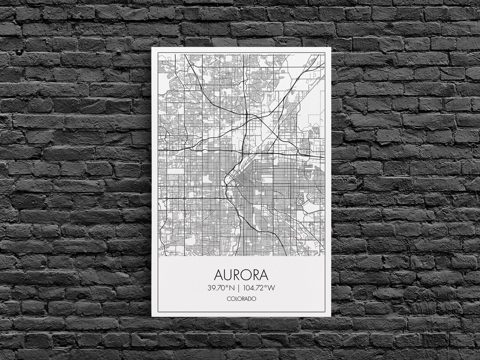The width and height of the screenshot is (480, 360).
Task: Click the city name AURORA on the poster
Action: click(241, 274)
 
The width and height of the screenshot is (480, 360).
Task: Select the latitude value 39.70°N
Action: click(220, 288)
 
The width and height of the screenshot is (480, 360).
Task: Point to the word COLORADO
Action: click(241, 299)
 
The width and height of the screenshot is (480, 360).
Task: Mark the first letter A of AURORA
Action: click(215, 274)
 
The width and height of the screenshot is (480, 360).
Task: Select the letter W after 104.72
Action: click(271, 288)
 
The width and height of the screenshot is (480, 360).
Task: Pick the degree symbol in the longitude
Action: click(266, 285)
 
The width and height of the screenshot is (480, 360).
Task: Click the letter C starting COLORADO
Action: click(228, 299)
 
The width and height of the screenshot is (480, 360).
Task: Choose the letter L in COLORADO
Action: click(236, 299)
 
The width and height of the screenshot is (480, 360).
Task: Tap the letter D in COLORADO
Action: click(250, 299)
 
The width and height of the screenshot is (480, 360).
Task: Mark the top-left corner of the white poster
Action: click(152, 48)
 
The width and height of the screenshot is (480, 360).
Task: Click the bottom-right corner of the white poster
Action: click(331, 316)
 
